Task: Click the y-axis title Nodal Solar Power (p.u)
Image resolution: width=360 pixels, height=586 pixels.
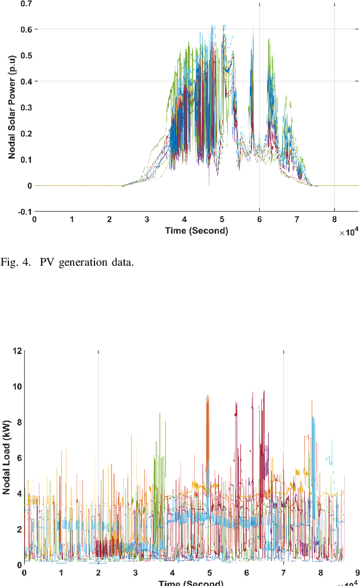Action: tap(11, 108)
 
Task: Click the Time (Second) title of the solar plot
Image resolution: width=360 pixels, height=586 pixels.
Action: tap(196, 230)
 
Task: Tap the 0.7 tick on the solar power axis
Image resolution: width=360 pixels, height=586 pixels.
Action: tap(25, 3)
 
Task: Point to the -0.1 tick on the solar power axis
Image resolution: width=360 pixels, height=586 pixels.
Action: tap(24, 212)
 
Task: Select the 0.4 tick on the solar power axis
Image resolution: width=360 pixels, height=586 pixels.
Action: tap(25, 82)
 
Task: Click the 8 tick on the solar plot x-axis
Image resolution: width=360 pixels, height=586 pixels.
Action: tap(335, 221)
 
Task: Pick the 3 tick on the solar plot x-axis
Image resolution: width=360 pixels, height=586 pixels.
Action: tap(147, 221)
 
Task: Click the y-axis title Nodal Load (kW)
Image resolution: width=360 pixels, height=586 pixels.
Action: tap(6, 459)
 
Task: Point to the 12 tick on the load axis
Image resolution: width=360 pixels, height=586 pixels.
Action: tap(17, 351)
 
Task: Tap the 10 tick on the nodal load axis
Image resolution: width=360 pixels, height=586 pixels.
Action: tap(17, 387)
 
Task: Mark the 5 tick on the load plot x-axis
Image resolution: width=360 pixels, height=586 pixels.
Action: tap(209, 573)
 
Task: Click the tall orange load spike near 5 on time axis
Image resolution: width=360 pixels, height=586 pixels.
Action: tap(208, 428)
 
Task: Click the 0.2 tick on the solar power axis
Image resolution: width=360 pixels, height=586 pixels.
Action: tap(25, 134)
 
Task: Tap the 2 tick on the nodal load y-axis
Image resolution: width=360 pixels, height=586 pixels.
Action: tap(19, 529)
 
